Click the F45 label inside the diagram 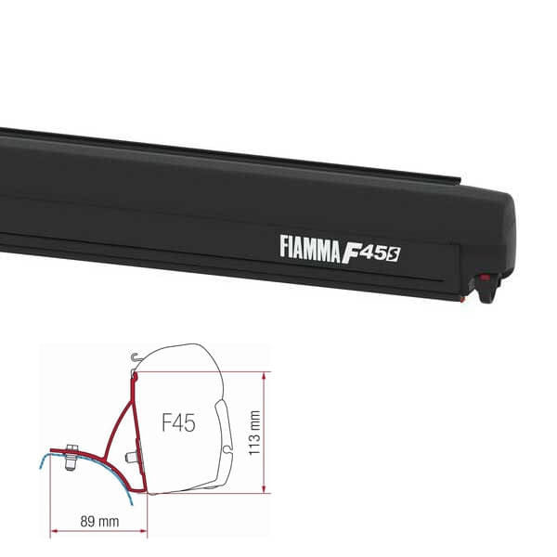pyautogui.click(x=177, y=424)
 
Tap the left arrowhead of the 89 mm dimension pyautogui.click(x=54, y=533)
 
